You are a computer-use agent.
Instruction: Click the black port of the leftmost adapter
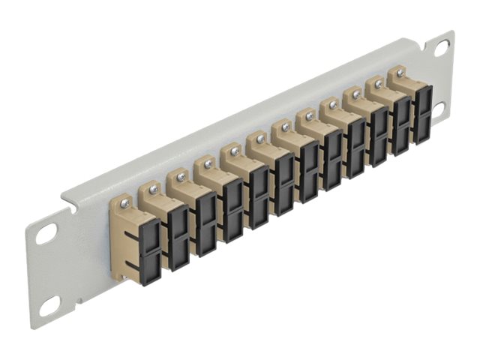click(x=148, y=244)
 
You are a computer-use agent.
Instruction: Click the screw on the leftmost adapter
click(x=127, y=201)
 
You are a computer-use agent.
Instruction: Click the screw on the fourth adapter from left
click(x=208, y=163)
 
